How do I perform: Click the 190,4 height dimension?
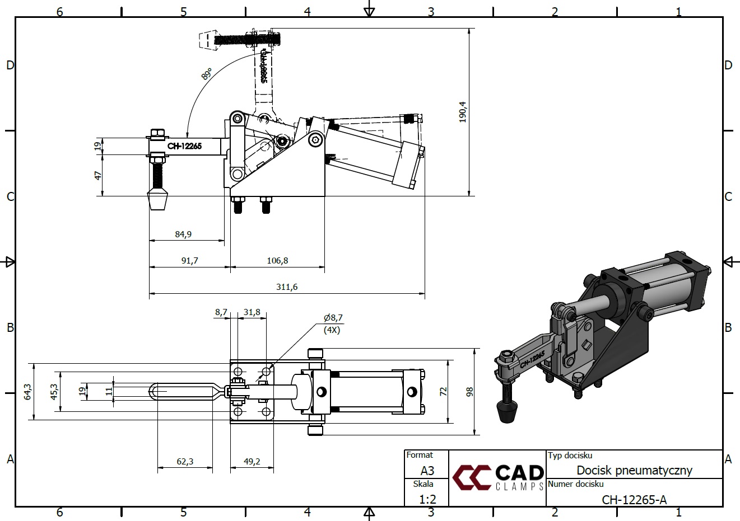pyautogui.click(x=462, y=112)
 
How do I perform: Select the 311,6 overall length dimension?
pyautogui.click(x=287, y=287)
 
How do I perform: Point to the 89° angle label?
pyautogui.click(x=207, y=74)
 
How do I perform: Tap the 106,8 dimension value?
pyautogui.click(x=277, y=260)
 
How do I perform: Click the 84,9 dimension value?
pyautogui.click(x=183, y=234)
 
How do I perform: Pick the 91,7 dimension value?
pyautogui.click(x=189, y=260)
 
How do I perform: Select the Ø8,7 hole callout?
pyautogui.click(x=333, y=318)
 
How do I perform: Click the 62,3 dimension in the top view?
pyautogui.click(x=185, y=462)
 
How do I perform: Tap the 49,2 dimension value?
pyautogui.click(x=252, y=462)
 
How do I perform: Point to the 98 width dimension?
pyautogui.click(x=469, y=391)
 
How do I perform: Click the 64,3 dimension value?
pyautogui.click(x=27, y=391)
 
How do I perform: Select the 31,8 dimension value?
pyautogui.click(x=252, y=312)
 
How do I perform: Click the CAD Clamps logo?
pyautogui.click(x=497, y=477)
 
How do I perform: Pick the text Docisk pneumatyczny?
pyautogui.click(x=634, y=470)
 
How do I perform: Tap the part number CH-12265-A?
pyautogui.click(x=634, y=500)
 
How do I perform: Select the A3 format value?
pyautogui.click(x=427, y=471)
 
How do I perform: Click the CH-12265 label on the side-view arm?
pyautogui.click(x=184, y=147)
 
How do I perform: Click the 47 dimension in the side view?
pyautogui.click(x=98, y=175)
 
